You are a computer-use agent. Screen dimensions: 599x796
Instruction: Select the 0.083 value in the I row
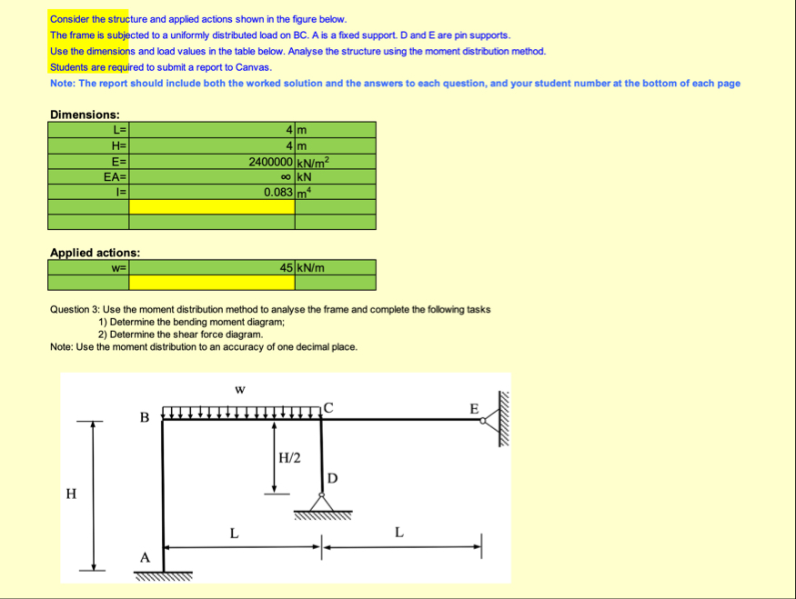pos(277,192)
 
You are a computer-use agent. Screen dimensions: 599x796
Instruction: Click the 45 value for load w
pos(286,267)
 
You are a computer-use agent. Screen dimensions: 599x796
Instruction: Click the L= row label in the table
pos(119,130)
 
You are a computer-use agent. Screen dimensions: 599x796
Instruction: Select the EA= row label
pos(116,176)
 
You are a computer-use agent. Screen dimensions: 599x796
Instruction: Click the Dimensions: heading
pos(85,115)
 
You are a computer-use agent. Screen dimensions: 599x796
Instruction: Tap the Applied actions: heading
pos(95,252)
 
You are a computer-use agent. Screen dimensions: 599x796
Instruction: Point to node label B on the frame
pos(144,417)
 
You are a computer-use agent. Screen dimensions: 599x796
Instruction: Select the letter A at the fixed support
pos(144,556)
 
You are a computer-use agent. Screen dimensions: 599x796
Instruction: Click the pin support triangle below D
pos(321,502)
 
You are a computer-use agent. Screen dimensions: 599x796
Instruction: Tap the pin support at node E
pos(492,419)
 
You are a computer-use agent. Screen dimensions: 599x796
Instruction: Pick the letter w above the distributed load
pos(239,389)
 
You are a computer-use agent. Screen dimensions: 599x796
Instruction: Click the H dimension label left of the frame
pos(71,493)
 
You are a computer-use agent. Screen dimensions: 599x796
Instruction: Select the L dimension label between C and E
pos(398,532)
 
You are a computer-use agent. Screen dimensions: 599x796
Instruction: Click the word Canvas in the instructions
pos(253,67)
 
